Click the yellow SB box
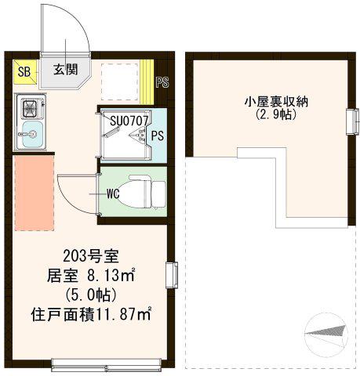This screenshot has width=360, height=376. click(x=24, y=72)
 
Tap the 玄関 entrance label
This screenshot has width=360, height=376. click(x=66, y=70)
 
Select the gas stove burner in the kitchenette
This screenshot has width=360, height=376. click(x=31, y=108)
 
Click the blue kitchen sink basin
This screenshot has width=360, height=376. click(x=32, y=134)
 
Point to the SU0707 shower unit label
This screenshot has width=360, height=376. click(x=129, y=121)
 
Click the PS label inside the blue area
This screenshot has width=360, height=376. click(x=158, y=136)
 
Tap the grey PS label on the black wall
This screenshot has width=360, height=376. click(x=162, y=82)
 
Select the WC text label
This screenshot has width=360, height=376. click(x=113, y=193)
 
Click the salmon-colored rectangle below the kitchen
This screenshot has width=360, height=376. click(x=34, y=193)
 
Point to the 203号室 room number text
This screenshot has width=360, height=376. click(x=91, y=256)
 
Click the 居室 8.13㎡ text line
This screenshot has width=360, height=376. click(x=90, y=276)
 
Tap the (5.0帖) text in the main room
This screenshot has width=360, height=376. click(x=91, y=295)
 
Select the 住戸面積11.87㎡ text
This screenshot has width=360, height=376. click(x=91, y=315)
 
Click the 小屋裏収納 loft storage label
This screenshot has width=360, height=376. click(x=276, y=102)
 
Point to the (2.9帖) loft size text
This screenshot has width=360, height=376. click(x=276, y=114)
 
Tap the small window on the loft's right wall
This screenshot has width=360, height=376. click(x=352, y=122)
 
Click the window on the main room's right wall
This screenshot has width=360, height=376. click(x=172, y=275)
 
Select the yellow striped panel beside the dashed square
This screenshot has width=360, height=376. click(x=147, y=82)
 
